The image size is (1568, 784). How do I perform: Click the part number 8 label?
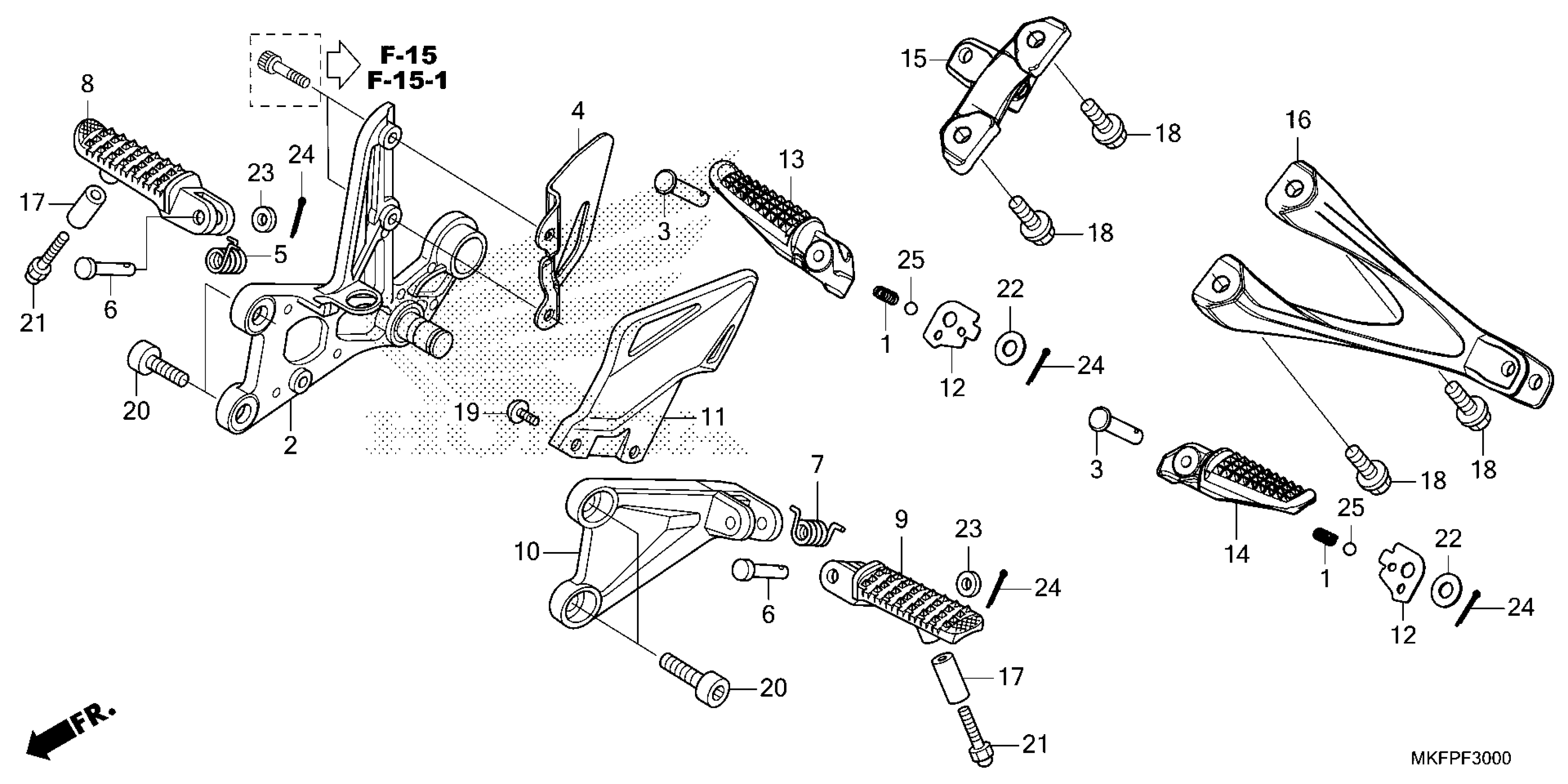pyautogui.click(x=88, y=84)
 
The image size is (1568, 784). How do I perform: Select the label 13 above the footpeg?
pyautogui.click(x=791, y=160)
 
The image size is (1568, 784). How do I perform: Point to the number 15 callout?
pyautogui.click(x=914, y=59)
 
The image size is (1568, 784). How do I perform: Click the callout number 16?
pyautogui.click(x=1298, y=120)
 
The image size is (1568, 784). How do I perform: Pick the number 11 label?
pyautogui.click(x=713, y=417)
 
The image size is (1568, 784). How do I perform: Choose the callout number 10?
pyautogui.click(x=527, y=552)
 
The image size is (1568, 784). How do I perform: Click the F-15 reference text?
pyautogui.click(x=409, y=55)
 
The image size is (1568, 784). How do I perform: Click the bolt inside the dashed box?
pyautogui.click(x=284, y=70)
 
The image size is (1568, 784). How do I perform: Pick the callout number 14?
pyautogui.click(x=1237, y=554)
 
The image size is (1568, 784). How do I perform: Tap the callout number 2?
pyautogui.click(x=291, y=445)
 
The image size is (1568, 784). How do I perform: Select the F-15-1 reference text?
pyautogui.click(x=407, y=81)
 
